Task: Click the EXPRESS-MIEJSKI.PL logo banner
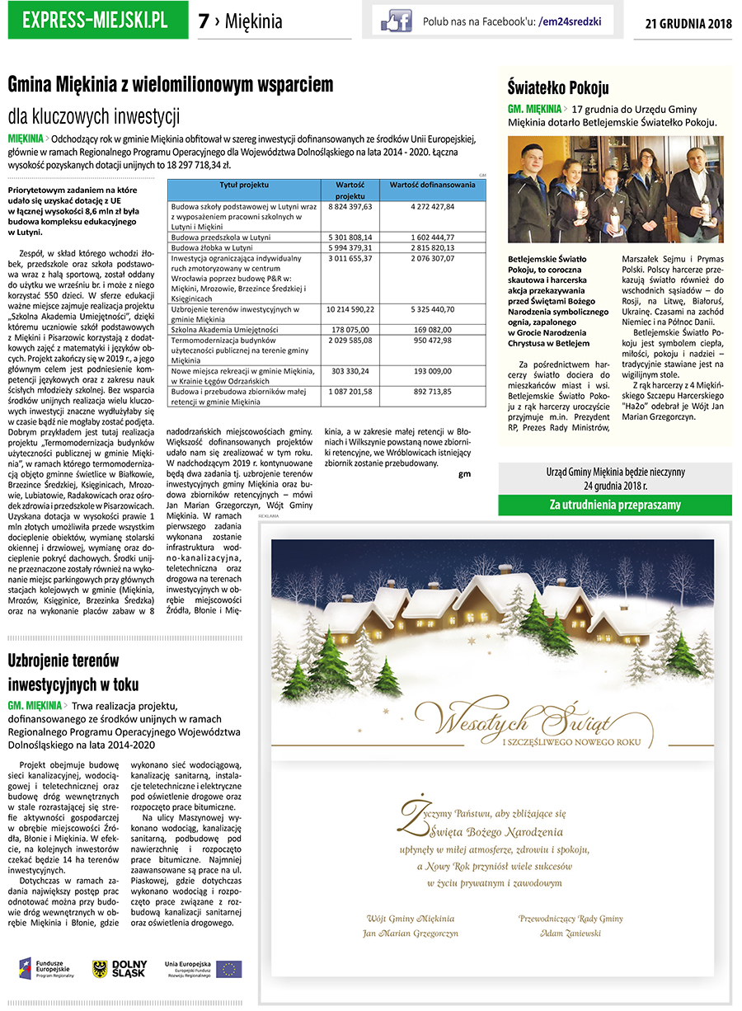(x=95, y=20)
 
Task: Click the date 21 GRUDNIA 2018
(x=688, y=23)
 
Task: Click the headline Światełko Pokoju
(x=558, y=88)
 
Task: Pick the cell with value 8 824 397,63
(x=350, y=206)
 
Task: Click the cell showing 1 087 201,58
(x=350, y=391)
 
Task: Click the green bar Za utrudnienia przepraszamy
(x=615, y=505)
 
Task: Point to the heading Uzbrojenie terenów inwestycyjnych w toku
(x=73, y=672)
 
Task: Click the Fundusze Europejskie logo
(x=46, y=968)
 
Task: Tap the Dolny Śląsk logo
(x=120, y=969)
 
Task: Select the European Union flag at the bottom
(x=229, y=969)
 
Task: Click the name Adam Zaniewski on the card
(x=570, y=933)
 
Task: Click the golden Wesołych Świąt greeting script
(x=493, y=722)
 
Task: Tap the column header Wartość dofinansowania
(x=432, y=185)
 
